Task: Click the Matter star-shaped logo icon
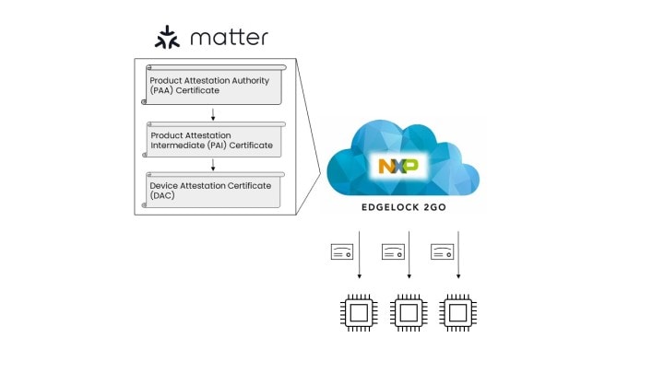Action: click(167, 38)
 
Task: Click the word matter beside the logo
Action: click(229, 38)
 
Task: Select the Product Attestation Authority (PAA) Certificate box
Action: click(213, 86)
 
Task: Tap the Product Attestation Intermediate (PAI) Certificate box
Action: click(213, 139)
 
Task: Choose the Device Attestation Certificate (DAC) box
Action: click(213, 190)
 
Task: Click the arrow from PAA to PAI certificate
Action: click(213, 114)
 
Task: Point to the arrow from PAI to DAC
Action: click(213, 165)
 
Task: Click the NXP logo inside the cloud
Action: click(397, 167)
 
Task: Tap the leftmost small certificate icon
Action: click(342, 251)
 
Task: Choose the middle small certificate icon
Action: click(393, 251)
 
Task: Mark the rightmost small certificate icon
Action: click(444, 251)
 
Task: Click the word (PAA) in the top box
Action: click(163, 91)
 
